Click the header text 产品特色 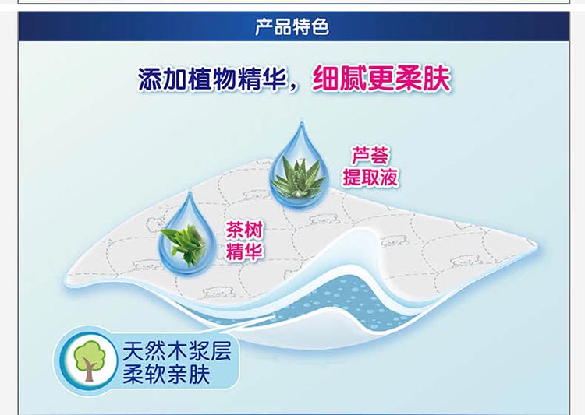point(292,26)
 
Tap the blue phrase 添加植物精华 point(212,79)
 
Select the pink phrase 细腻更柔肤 point(381,79)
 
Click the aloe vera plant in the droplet point(299,176)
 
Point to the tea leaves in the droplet point(184,243)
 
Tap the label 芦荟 point(370,156)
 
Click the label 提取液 point(370,177)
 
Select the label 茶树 point(244,230)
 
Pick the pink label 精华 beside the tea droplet point(244,251)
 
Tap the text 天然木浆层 point(177,350)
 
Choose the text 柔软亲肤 point(166,374)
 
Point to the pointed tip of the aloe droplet point(301,122)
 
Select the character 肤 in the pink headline point(437,79)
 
